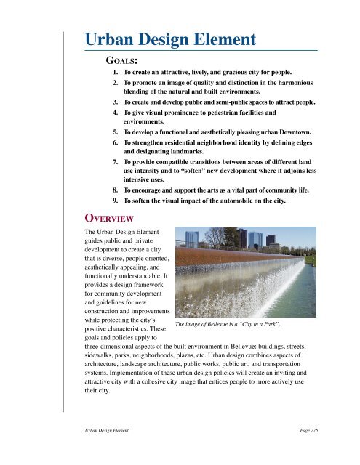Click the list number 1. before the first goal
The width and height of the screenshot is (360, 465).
coord(116,74)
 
